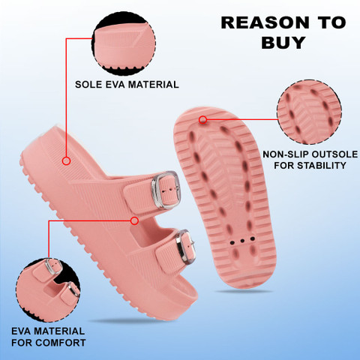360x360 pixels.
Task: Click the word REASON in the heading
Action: click(x=265, y=22)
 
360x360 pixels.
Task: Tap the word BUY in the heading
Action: click(x=283, y=43)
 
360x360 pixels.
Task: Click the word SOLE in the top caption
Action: click(x=88, y=85)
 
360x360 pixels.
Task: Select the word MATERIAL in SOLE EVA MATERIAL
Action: click(x=154, y=85)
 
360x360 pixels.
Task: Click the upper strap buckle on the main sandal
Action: click(x=166, y=190)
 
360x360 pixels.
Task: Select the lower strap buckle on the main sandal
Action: click(x=185, y=247)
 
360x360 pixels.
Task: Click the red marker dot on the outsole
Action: click(x=203, y=120)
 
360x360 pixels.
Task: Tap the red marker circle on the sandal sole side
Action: click(x=66, y=160)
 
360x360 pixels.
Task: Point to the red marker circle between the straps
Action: click(x=134, y=220)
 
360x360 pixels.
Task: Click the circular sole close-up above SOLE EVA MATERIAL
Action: click(x=124, y=43)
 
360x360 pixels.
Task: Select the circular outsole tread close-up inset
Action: click(x=309, y=112)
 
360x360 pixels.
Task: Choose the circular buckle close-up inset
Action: click(x=48, y=290)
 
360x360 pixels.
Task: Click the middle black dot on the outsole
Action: click(x=242, y=241)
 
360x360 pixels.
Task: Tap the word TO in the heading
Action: click(x=331, y=22)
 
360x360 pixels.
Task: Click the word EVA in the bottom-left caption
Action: click(x=21, y=331)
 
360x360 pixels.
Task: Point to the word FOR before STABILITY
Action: click(x=284, y=165)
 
